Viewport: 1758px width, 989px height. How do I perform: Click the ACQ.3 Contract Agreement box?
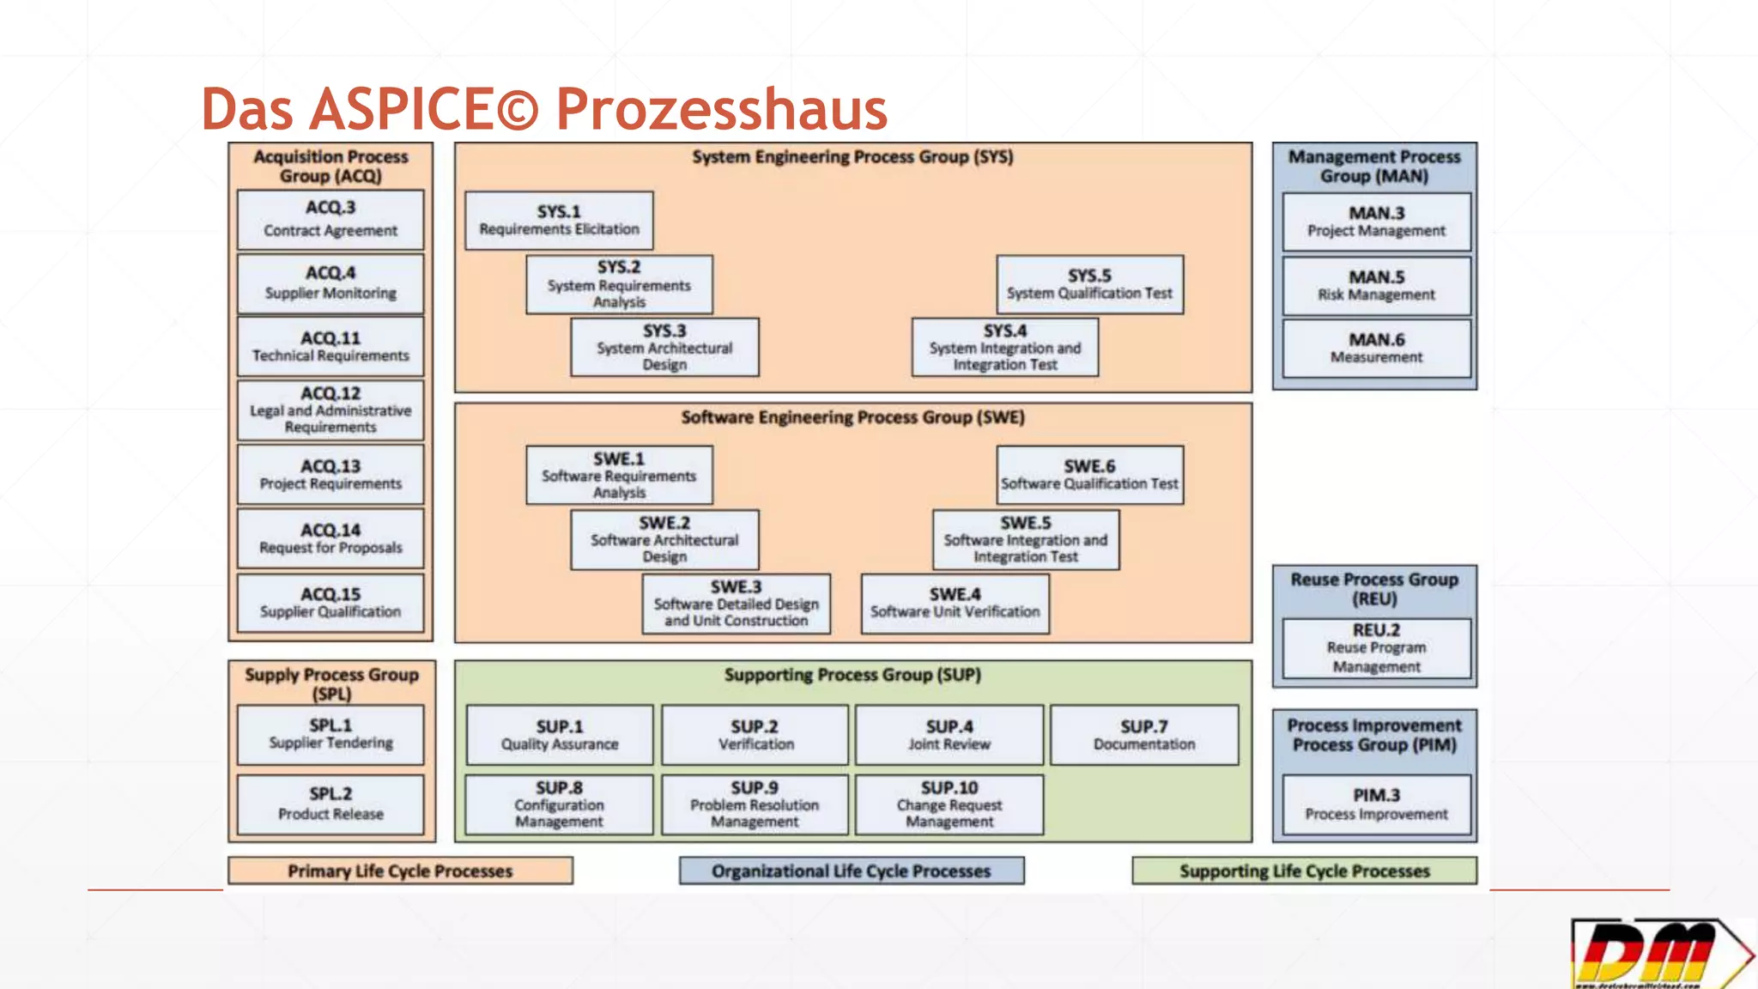pos(330,220)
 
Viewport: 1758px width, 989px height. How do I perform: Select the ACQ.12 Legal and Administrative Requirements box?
pos(330,410)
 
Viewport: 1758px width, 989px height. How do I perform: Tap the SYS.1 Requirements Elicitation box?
pos(559,221)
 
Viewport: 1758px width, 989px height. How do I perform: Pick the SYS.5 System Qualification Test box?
pos(1089,284)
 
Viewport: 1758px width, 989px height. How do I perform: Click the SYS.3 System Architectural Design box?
pos(664,348)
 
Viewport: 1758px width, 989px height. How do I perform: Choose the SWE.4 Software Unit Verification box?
pos(955,604)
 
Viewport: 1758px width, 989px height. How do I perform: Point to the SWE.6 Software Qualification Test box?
pos(1089,475)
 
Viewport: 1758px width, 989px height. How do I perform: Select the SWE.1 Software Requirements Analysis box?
pos(619,475)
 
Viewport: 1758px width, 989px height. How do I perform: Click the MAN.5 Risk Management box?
pos(1376,286)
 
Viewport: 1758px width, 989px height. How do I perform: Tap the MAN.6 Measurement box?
pos(1376,349)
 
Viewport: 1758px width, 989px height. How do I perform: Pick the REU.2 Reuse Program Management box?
pos(1376,648)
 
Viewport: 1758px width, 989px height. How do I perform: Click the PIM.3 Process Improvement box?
pos(1376,805)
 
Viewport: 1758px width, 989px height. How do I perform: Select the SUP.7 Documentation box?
pos(1144,735)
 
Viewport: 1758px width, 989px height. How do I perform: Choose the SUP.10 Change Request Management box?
pos(949,804)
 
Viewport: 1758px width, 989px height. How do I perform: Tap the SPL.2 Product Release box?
pos(330,804)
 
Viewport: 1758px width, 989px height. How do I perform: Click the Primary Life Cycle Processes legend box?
pos(400,871)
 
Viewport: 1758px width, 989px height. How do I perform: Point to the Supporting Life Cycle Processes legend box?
pos(1304,871)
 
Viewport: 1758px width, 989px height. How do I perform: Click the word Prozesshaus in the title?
pos(721,110)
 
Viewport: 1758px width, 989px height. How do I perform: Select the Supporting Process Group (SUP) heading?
pos(852,675)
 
